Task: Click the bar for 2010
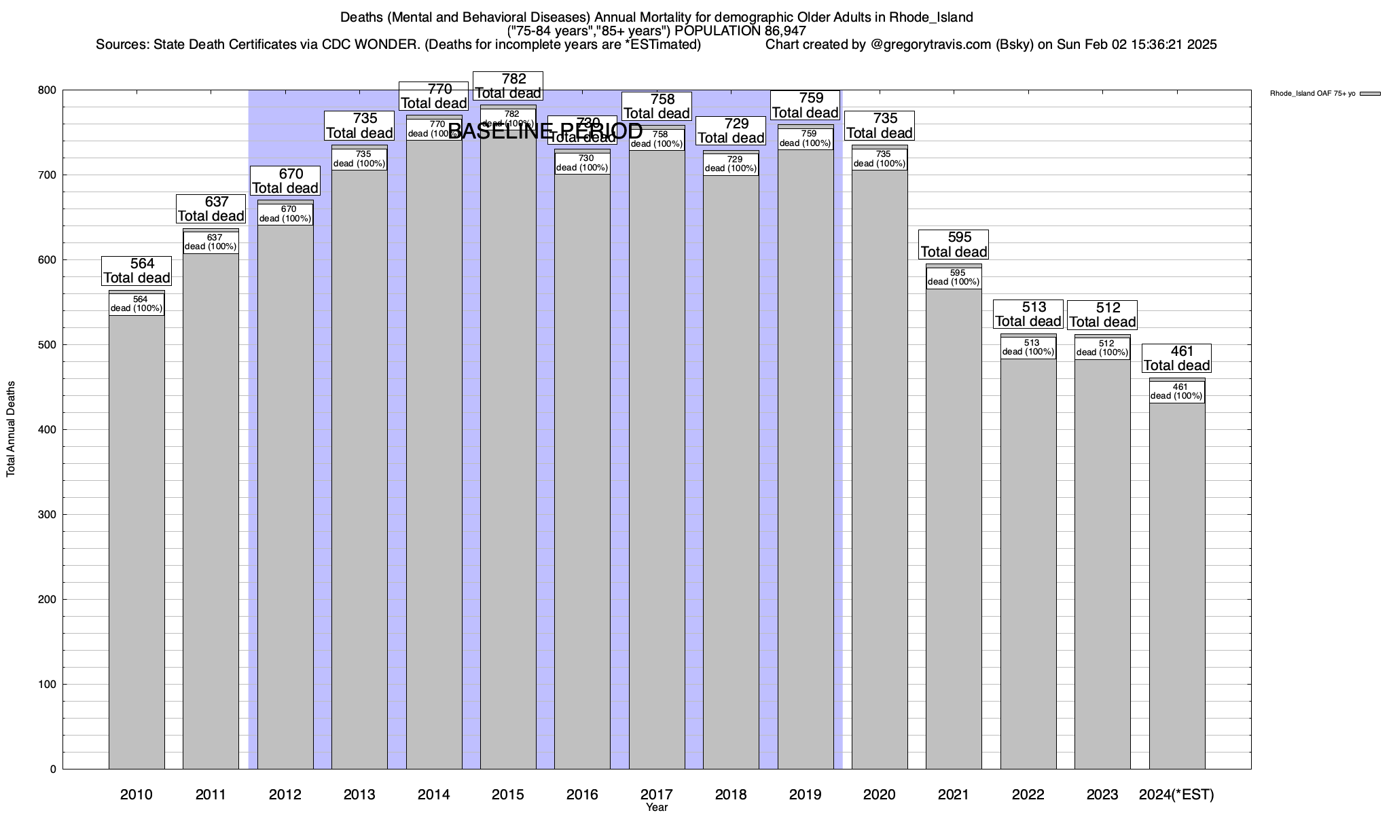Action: pos(137,543)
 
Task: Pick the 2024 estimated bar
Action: pos(1177,584)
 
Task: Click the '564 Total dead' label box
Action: pos(137,271)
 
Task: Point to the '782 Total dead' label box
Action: pos(508,86)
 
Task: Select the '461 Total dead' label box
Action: pos(1177,359)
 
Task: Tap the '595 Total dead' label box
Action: pos(954,244)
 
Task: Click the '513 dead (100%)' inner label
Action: pos(1028,348)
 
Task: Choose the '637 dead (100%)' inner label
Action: pos(211,242)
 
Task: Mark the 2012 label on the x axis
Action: pos(285,795)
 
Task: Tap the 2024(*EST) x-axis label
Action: pos(1176,795)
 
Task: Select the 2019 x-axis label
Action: pos(806,795)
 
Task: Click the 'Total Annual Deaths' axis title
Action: pos(11,429)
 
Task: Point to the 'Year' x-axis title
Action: pos(657,808)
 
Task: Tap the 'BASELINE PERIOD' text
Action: pos(545,130)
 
